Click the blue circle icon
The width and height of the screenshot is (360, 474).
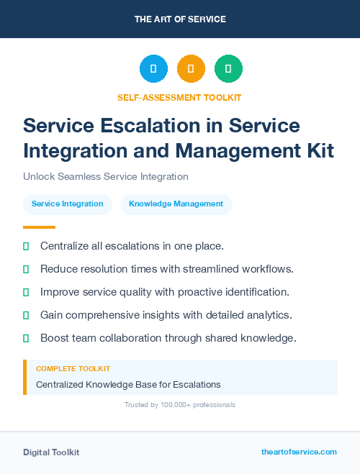pos(153,69)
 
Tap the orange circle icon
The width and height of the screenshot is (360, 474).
pos(191,69)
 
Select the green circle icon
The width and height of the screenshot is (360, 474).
pos(228,69)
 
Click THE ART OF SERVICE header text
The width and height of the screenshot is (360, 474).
pos(180,19)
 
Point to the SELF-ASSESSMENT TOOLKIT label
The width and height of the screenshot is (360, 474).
pos(179,97)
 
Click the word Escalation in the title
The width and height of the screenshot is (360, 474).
pos(168,125)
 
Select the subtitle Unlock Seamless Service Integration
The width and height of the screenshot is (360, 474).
pos(105,176)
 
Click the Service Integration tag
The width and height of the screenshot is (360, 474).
pos(68,204)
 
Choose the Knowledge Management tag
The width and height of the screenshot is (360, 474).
pos(176,204)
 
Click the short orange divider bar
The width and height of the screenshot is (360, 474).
pos(35,227)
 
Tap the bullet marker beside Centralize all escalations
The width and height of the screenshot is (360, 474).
pos(26,246)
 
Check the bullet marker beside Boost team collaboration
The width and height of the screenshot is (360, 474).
pos(26,338)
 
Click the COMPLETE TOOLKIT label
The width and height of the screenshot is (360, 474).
pos(73,368)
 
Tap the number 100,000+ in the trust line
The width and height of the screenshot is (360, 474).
pos(173,405)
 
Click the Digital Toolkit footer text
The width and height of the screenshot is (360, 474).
pos(51,452)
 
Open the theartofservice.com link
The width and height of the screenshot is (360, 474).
pos(299,452)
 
